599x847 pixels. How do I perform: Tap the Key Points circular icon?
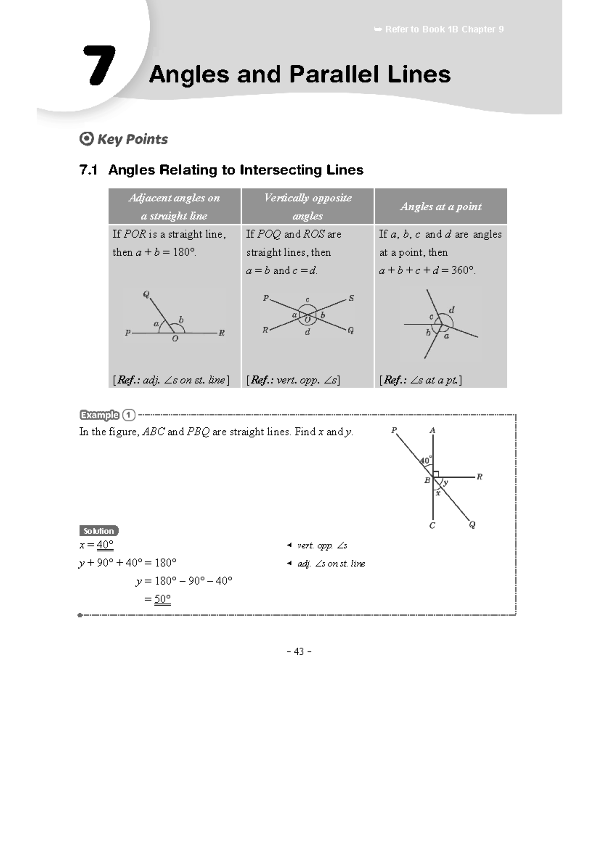pyautogui.click(x=86, y=139)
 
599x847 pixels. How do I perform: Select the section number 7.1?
pyautogui.click(x=88, y=170)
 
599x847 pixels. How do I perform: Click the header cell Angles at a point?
pyautogui.click(x=441, y=206)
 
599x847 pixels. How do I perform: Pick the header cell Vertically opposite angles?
pyautogui.click(x=307, y=206)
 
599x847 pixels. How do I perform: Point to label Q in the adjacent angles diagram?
pyautogui.click(x=146, y=294)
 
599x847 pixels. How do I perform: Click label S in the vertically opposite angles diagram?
pyautogui.click(x=351, y=298)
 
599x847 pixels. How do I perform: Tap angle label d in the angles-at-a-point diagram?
pyautogui.click(x=452, y=310)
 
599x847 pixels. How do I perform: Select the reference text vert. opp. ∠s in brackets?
pyautogui.click(x=294, y=380)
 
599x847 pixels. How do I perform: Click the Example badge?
pyautogui.click(x=100, y=415)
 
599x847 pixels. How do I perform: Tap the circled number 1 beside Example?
pyautogui.click(x=129, y=415)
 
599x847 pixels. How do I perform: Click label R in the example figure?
pyautogui.click(x=479, y=477)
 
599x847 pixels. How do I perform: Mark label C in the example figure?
pyautogui.click(x=432, y=525)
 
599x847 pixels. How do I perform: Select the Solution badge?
pyautogui.click(x=99, y=531)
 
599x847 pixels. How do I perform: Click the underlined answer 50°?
pyautogui.click(x=162, y=599)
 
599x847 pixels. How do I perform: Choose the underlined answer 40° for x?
pyautogui.click(x=105, y=545)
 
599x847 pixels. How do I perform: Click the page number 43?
pyautogui.click(x=299, y=651)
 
